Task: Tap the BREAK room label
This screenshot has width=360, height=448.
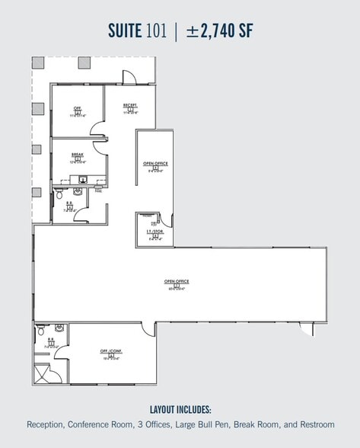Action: (x=77, y=154)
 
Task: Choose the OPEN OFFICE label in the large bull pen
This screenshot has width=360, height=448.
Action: (x=176, y=281)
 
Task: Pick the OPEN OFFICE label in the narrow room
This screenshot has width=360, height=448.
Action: (x=155, y=164)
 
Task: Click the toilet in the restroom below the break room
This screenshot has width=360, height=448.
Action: (x=60, y=195)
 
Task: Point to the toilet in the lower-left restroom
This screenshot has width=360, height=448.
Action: (x=40, y=331)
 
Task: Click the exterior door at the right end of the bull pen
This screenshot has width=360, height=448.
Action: (x=306, y=328)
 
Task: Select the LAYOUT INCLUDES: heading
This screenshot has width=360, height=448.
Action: (x=180, y=409)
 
